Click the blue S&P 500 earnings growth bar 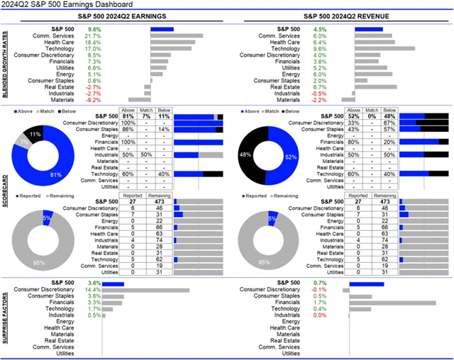click(x=162, y=29)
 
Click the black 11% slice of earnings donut click(x=36, y=133)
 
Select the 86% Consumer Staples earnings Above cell click(x=128, y=130)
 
